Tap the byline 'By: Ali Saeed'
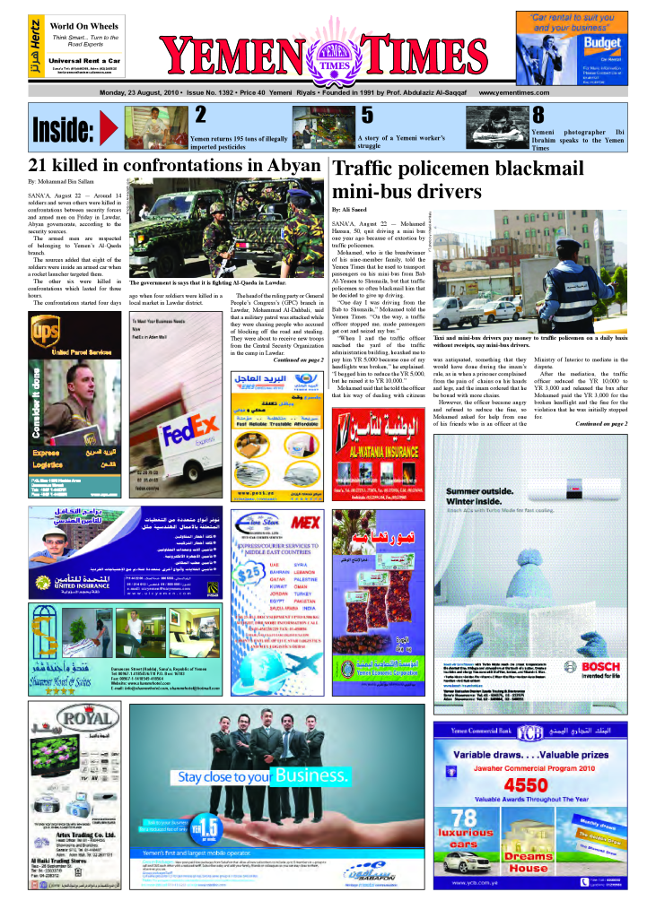point(351,209)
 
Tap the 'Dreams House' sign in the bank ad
point(528,862)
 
